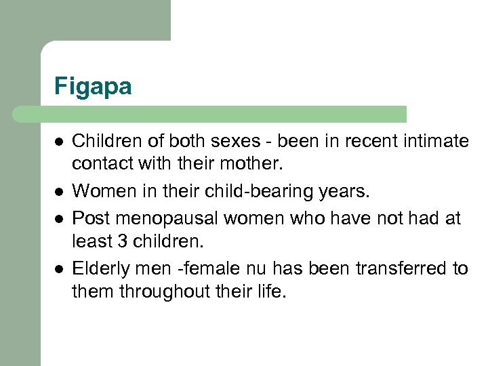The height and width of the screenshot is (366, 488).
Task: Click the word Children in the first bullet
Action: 100,141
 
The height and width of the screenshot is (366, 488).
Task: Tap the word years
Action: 344,192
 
